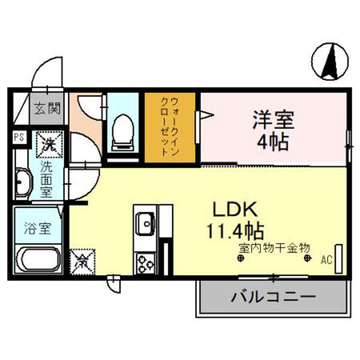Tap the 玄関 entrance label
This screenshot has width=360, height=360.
click(x=46, y=109)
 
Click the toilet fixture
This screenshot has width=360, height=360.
click(x=124, y=130)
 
